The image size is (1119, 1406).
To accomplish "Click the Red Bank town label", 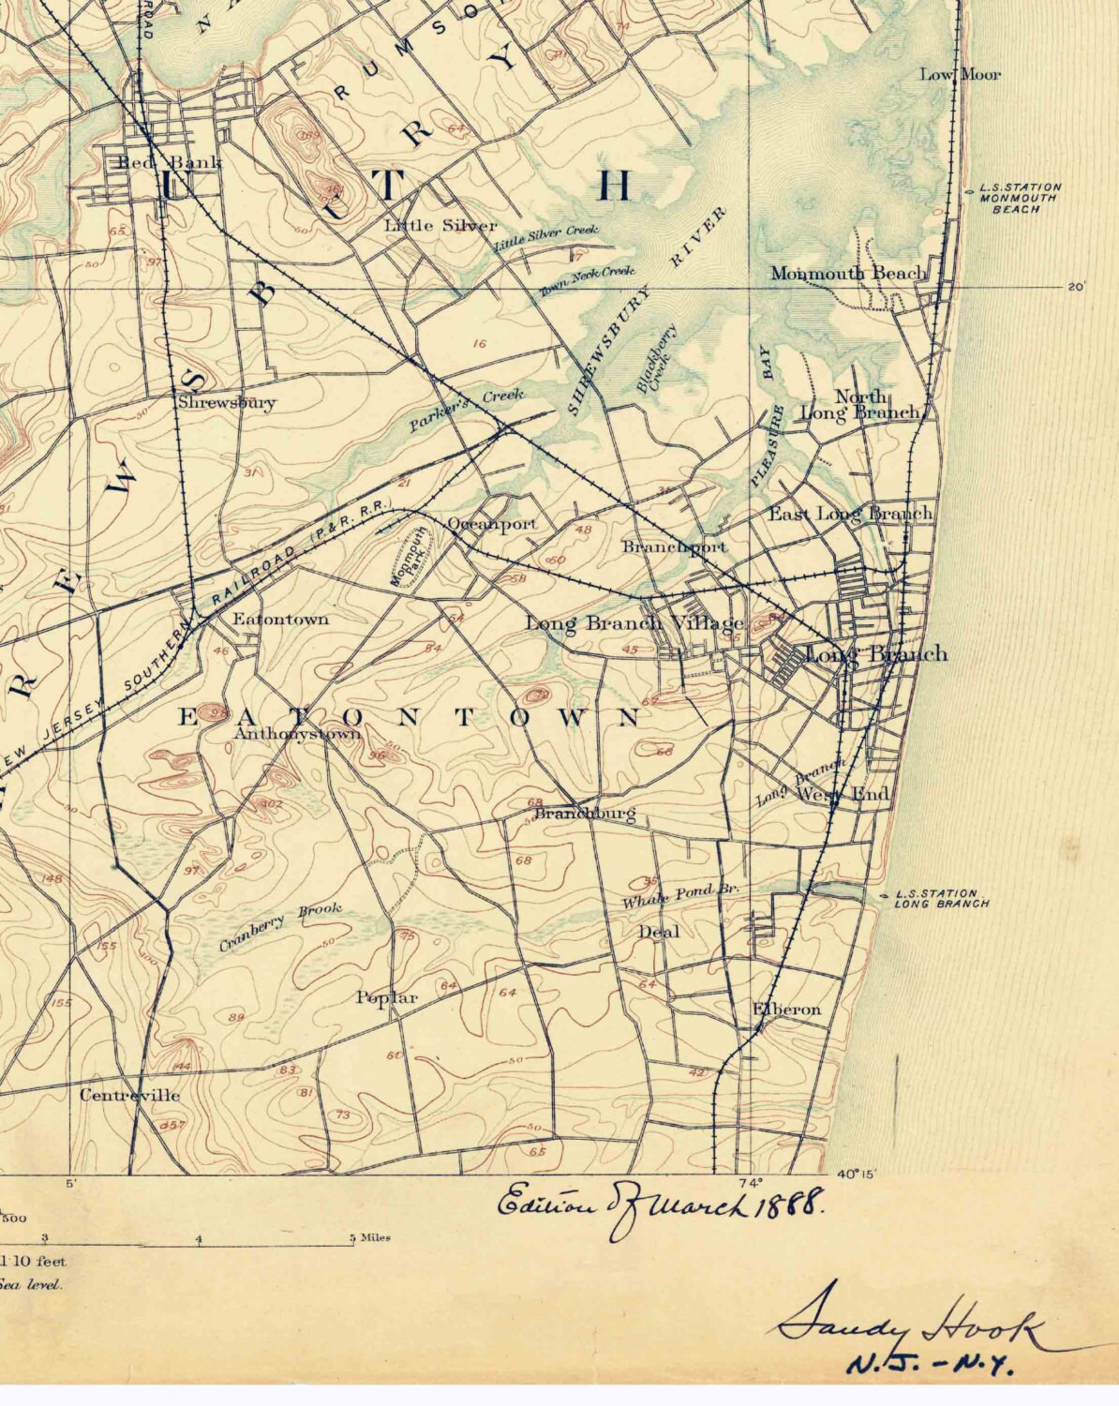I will [169, 163].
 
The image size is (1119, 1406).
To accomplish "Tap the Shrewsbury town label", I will [228, 403].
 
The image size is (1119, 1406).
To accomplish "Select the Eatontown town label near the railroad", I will [280, 619].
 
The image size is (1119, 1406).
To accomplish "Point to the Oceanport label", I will [492, 524].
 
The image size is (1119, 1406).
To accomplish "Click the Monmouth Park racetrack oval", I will [409, 557].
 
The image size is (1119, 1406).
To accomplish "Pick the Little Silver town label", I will [440, 226].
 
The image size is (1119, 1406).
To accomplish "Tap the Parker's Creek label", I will [466, 410].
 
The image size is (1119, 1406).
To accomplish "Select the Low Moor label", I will [960, 74].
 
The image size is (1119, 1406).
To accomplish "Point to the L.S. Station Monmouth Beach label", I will [1020, 198].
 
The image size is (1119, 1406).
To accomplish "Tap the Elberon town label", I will [787, 1010].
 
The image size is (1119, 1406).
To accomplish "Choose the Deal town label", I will [659, 932].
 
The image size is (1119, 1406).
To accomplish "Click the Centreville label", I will [129, 1095].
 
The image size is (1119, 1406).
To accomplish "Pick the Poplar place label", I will [386, 998].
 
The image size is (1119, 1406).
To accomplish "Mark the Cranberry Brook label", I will [280, 926].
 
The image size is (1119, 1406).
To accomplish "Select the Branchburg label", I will [585, 814].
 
